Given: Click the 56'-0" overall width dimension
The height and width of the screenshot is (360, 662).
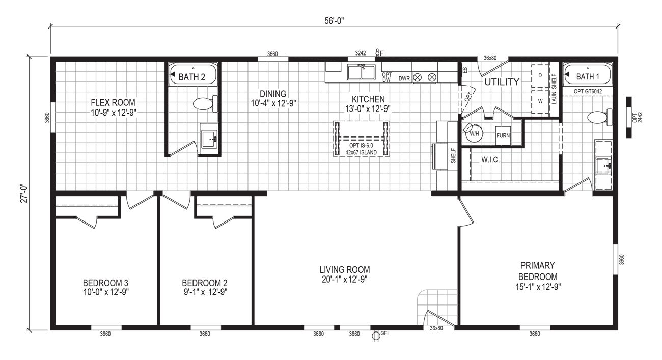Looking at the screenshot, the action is coord(334,21).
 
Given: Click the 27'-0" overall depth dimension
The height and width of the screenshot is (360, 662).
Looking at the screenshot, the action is coord(24,193).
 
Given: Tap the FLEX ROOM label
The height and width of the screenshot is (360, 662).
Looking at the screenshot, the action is coord(113,102).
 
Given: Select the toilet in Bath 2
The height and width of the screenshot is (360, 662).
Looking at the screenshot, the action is coord(205,104).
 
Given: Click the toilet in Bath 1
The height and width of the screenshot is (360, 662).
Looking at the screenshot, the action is coord(600,117).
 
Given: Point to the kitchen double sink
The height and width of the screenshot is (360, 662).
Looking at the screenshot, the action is coord(361,72).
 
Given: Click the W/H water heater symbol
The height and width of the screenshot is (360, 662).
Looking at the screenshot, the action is coord(474,133).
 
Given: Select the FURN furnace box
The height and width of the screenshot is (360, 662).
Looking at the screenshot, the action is coord(503,135).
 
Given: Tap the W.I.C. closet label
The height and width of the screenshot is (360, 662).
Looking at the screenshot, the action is coord(490,160).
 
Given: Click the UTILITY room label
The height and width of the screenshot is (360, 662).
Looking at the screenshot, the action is coord(502,82).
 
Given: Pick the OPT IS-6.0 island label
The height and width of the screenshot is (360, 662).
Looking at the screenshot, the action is coord(361,146).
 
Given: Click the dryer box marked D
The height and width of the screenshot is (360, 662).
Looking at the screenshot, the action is coord(540,76).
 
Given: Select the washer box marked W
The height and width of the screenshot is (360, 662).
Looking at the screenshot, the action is coord(540,101).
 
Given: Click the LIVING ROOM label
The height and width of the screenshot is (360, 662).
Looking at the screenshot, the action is coord(345,269).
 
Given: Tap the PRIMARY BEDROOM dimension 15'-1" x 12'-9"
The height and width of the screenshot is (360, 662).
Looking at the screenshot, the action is coord(538,287).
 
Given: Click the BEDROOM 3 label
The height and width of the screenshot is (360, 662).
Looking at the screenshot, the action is coord(105,283).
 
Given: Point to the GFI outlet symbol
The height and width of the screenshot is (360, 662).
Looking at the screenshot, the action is coord(376,336).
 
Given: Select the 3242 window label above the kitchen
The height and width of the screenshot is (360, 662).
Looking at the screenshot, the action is coord(360,53).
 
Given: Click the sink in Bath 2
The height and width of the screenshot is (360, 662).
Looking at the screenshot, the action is coord(209,139).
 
